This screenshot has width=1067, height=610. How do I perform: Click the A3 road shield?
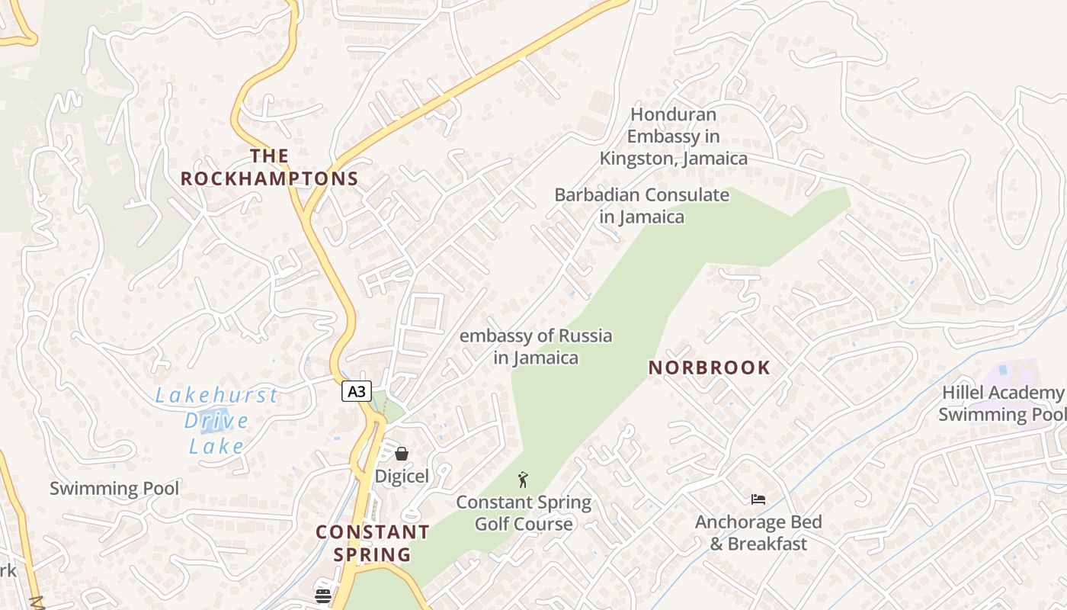(x=356, y=391)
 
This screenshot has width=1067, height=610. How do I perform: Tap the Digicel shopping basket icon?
(x=402, y=454)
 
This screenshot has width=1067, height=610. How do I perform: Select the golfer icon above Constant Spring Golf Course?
(x=523, y=480)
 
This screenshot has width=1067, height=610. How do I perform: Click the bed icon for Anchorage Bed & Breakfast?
(x=758, y=499)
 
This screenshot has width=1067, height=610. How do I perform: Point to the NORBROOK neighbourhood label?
(x=710, y=368)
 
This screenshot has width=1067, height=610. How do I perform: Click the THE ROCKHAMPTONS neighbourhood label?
(x=270, y=168)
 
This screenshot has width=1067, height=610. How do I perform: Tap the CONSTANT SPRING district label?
(x=373, y=543)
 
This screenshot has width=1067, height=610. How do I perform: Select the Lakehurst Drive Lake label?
(x=216, y=420)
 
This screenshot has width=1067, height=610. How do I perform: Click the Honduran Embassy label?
(x=673, y=136)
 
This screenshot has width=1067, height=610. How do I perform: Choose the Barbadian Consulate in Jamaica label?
(x=642, y=206)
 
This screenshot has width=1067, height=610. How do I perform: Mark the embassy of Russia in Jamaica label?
(x=536, y=346)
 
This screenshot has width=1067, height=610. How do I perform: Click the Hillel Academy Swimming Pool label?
(x=1001, y=403)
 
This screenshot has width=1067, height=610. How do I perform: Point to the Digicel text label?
(x=402, y=477)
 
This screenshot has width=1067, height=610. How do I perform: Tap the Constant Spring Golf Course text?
(x=524, y=513)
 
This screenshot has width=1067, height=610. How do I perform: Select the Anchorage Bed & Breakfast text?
(x=758, y=533)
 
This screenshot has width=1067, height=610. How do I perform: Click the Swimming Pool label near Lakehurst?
(x=114, y=489)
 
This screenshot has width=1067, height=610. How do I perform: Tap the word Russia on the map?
(x=585, y=335)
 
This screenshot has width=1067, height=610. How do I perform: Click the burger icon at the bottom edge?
(x=323, y=596)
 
